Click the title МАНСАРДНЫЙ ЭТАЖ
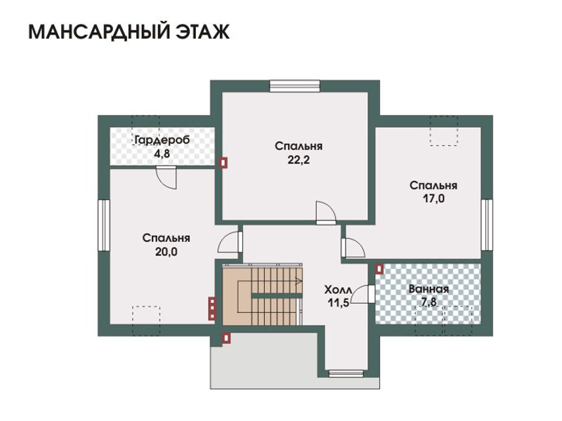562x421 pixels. pos(129,32)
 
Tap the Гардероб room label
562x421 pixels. pos(162,140)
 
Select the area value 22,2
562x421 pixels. pos(299,160)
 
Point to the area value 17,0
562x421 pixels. pos(433,199)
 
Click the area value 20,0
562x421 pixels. pos(166,252)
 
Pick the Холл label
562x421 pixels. pos(339,289)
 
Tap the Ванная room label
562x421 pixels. pos(429,289)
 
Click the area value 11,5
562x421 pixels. pos(339,303)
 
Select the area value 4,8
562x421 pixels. pos(162,154)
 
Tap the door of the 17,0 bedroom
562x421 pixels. pos(353,248)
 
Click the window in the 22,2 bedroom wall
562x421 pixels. pos(294,86)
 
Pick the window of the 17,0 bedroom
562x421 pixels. pos(487,225)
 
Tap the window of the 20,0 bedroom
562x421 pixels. pos(104,225)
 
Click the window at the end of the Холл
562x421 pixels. pos(346,374)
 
